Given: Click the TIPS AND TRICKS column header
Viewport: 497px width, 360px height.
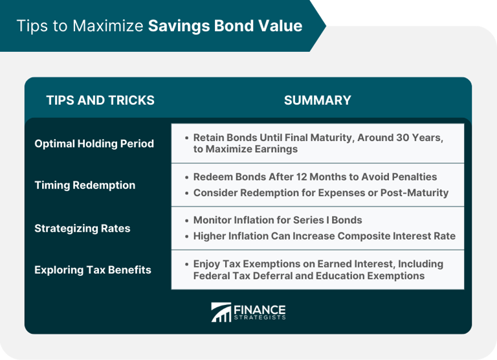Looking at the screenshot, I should coord(100,100).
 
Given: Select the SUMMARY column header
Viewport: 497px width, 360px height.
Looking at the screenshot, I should coord(317,100).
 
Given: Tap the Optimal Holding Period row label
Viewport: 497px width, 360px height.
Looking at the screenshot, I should coord(94,144).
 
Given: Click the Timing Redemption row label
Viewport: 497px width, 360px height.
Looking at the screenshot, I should coord(85,185).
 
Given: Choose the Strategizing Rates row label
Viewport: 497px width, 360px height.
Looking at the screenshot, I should coord(82,229).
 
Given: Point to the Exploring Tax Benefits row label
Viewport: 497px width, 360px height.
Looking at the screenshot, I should coord(93,270).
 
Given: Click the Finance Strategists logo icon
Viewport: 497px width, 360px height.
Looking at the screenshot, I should coord(221,312).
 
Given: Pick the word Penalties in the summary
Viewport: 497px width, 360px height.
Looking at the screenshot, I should coord(414,177).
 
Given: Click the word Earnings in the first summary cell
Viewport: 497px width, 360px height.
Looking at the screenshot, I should coord(274,149).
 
